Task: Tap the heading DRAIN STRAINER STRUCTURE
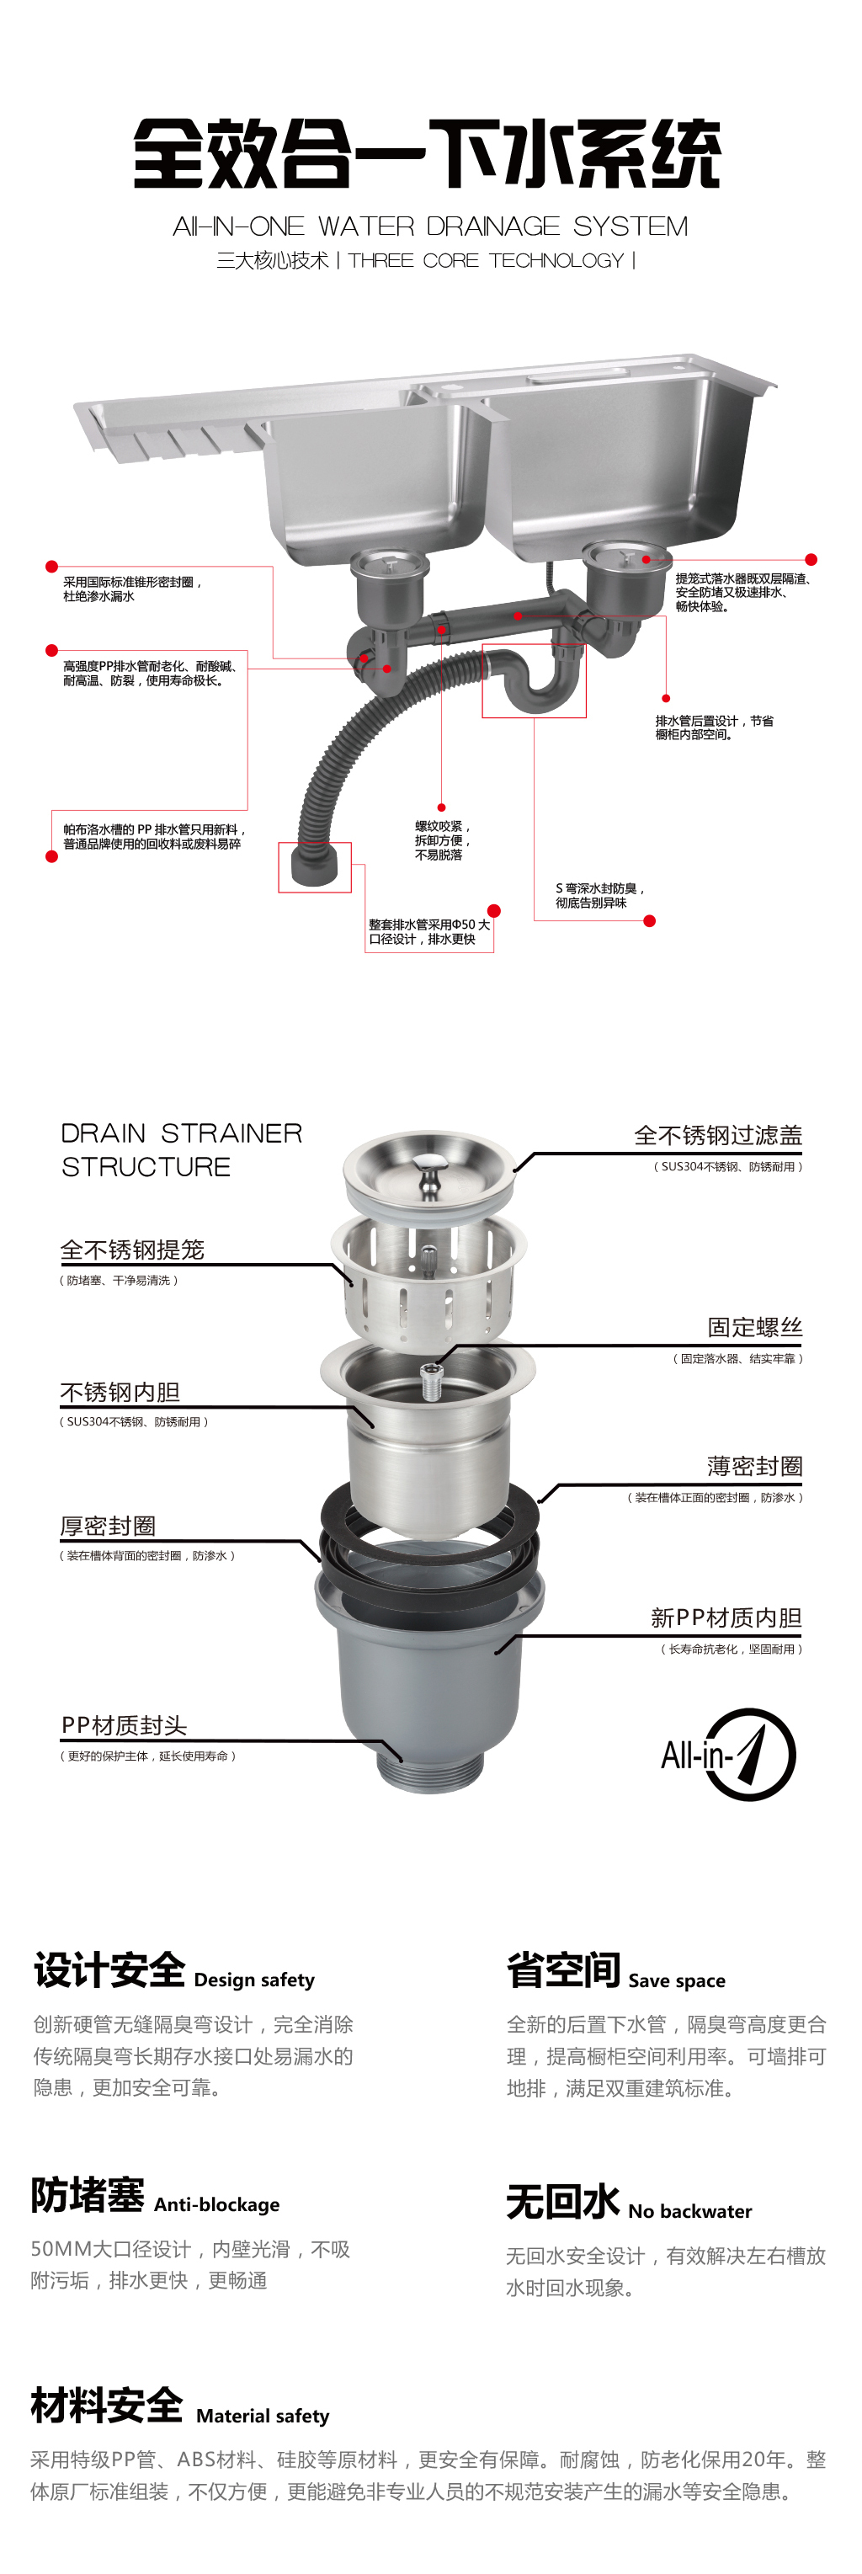[181, 1149]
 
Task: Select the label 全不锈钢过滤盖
[718, 1135]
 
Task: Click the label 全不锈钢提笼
[132, 1250]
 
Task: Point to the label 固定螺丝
[755, 1327]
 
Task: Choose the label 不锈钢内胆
[120, 1392]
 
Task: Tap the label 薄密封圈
[755, 1466]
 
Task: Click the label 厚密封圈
[108, 1526]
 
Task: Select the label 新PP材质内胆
[726, 1617]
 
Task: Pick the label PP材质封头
[124, 1725]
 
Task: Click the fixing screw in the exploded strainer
[432, 1383]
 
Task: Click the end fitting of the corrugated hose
[315, 866]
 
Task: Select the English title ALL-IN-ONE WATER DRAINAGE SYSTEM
[430, 226]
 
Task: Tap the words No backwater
[690, 2211]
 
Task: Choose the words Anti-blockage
[216, 2204]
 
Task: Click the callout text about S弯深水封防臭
[599, 895]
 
